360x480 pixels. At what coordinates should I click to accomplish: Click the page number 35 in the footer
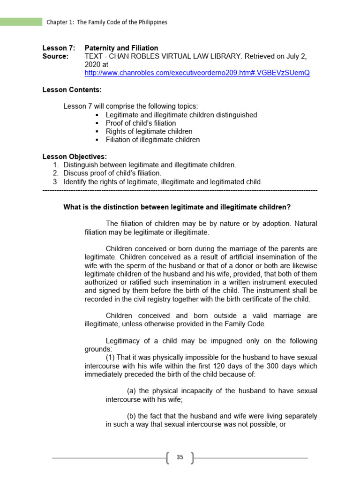pyautogui.click(x=180, y=457)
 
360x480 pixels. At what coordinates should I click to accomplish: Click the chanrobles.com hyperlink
pyautogui.click(x=197, y=73)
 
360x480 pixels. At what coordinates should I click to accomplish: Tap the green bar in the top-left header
pyautogui.click(x=21, y=22)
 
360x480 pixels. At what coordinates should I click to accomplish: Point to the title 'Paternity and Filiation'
pyautogui.click(x=121, y=48)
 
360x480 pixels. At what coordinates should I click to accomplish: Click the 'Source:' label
pyautogui.click(x=55, y=56)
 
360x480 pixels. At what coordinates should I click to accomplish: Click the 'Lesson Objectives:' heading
pyautogui.click(x=75, y=157)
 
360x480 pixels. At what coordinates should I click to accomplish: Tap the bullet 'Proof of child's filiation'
pyautogui.click(x=141, y=123)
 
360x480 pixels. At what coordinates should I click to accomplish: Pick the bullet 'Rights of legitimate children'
pyautogui.click(x=149, y=132)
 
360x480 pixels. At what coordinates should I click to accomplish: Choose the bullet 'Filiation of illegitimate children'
pyautogui.click(x=153, y=140)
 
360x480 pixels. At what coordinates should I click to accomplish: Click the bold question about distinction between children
pyautogui.click(x=177, y=207)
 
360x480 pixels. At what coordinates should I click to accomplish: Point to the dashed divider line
pyautogui.click(x=180, y=191)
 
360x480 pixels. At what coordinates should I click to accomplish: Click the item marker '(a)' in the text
pyautogui.click(x=132, y=391)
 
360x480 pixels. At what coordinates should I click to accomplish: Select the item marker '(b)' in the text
pyautogui.click(x=132, y=416)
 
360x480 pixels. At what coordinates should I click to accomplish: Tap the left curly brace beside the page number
pyautogui.click(x=168, y=457)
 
